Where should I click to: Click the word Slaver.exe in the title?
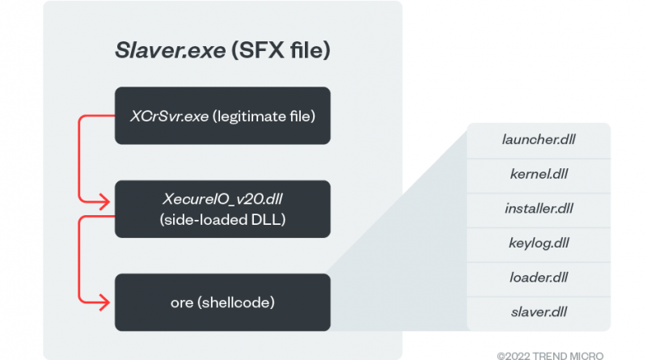pos(171,50)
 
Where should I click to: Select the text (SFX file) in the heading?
pos(281,50)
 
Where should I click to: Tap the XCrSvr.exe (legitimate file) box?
pos(222,116)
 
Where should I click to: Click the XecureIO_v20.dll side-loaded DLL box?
pos(222,209)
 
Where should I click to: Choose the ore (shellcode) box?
pos(222,303)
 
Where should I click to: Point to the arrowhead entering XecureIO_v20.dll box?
pos(105,202)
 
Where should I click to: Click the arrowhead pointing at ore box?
pos(105,303)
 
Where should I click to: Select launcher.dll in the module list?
pos(539,139)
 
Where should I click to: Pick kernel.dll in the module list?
pos(539,174)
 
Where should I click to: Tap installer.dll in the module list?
pos(539,209)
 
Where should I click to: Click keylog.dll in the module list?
pos(539,244)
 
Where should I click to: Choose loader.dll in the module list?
pos(539,277)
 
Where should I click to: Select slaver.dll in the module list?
pos(539,312)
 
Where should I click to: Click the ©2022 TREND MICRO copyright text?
pos(550,356)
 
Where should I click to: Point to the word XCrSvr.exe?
pos(170,116)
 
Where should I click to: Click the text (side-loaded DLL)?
pos(222,219)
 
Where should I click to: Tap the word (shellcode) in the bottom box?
pos(236,303)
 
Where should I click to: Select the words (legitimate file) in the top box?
pos(264,116)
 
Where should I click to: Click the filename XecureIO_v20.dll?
pos(222,199)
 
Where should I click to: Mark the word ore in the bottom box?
pos(182,303)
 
